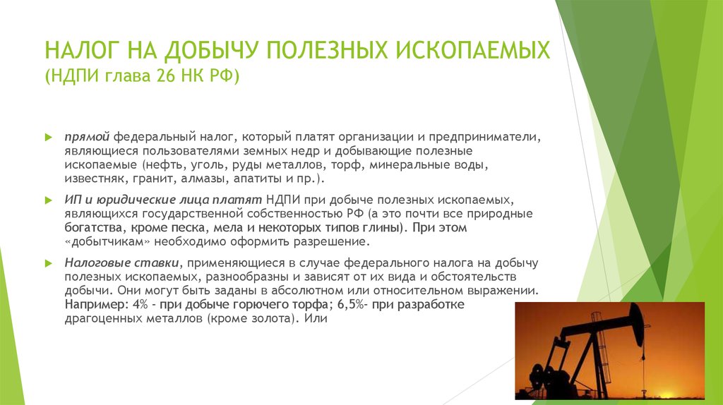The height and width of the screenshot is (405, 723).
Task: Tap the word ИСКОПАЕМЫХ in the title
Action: pos(473,50)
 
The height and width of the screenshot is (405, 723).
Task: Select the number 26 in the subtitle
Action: pos(165,75)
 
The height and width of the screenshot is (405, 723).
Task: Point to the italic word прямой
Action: pos(87,138)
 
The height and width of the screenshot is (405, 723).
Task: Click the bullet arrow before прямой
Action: pos(49,138)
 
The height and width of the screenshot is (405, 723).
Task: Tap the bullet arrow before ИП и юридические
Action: pos(49,200)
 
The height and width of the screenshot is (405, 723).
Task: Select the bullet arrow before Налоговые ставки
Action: pos(49,263)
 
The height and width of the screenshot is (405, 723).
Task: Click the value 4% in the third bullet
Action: pos(140,305)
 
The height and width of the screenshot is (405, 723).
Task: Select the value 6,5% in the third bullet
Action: pos(350,305)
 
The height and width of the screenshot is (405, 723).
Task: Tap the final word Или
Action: pos(316,318)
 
